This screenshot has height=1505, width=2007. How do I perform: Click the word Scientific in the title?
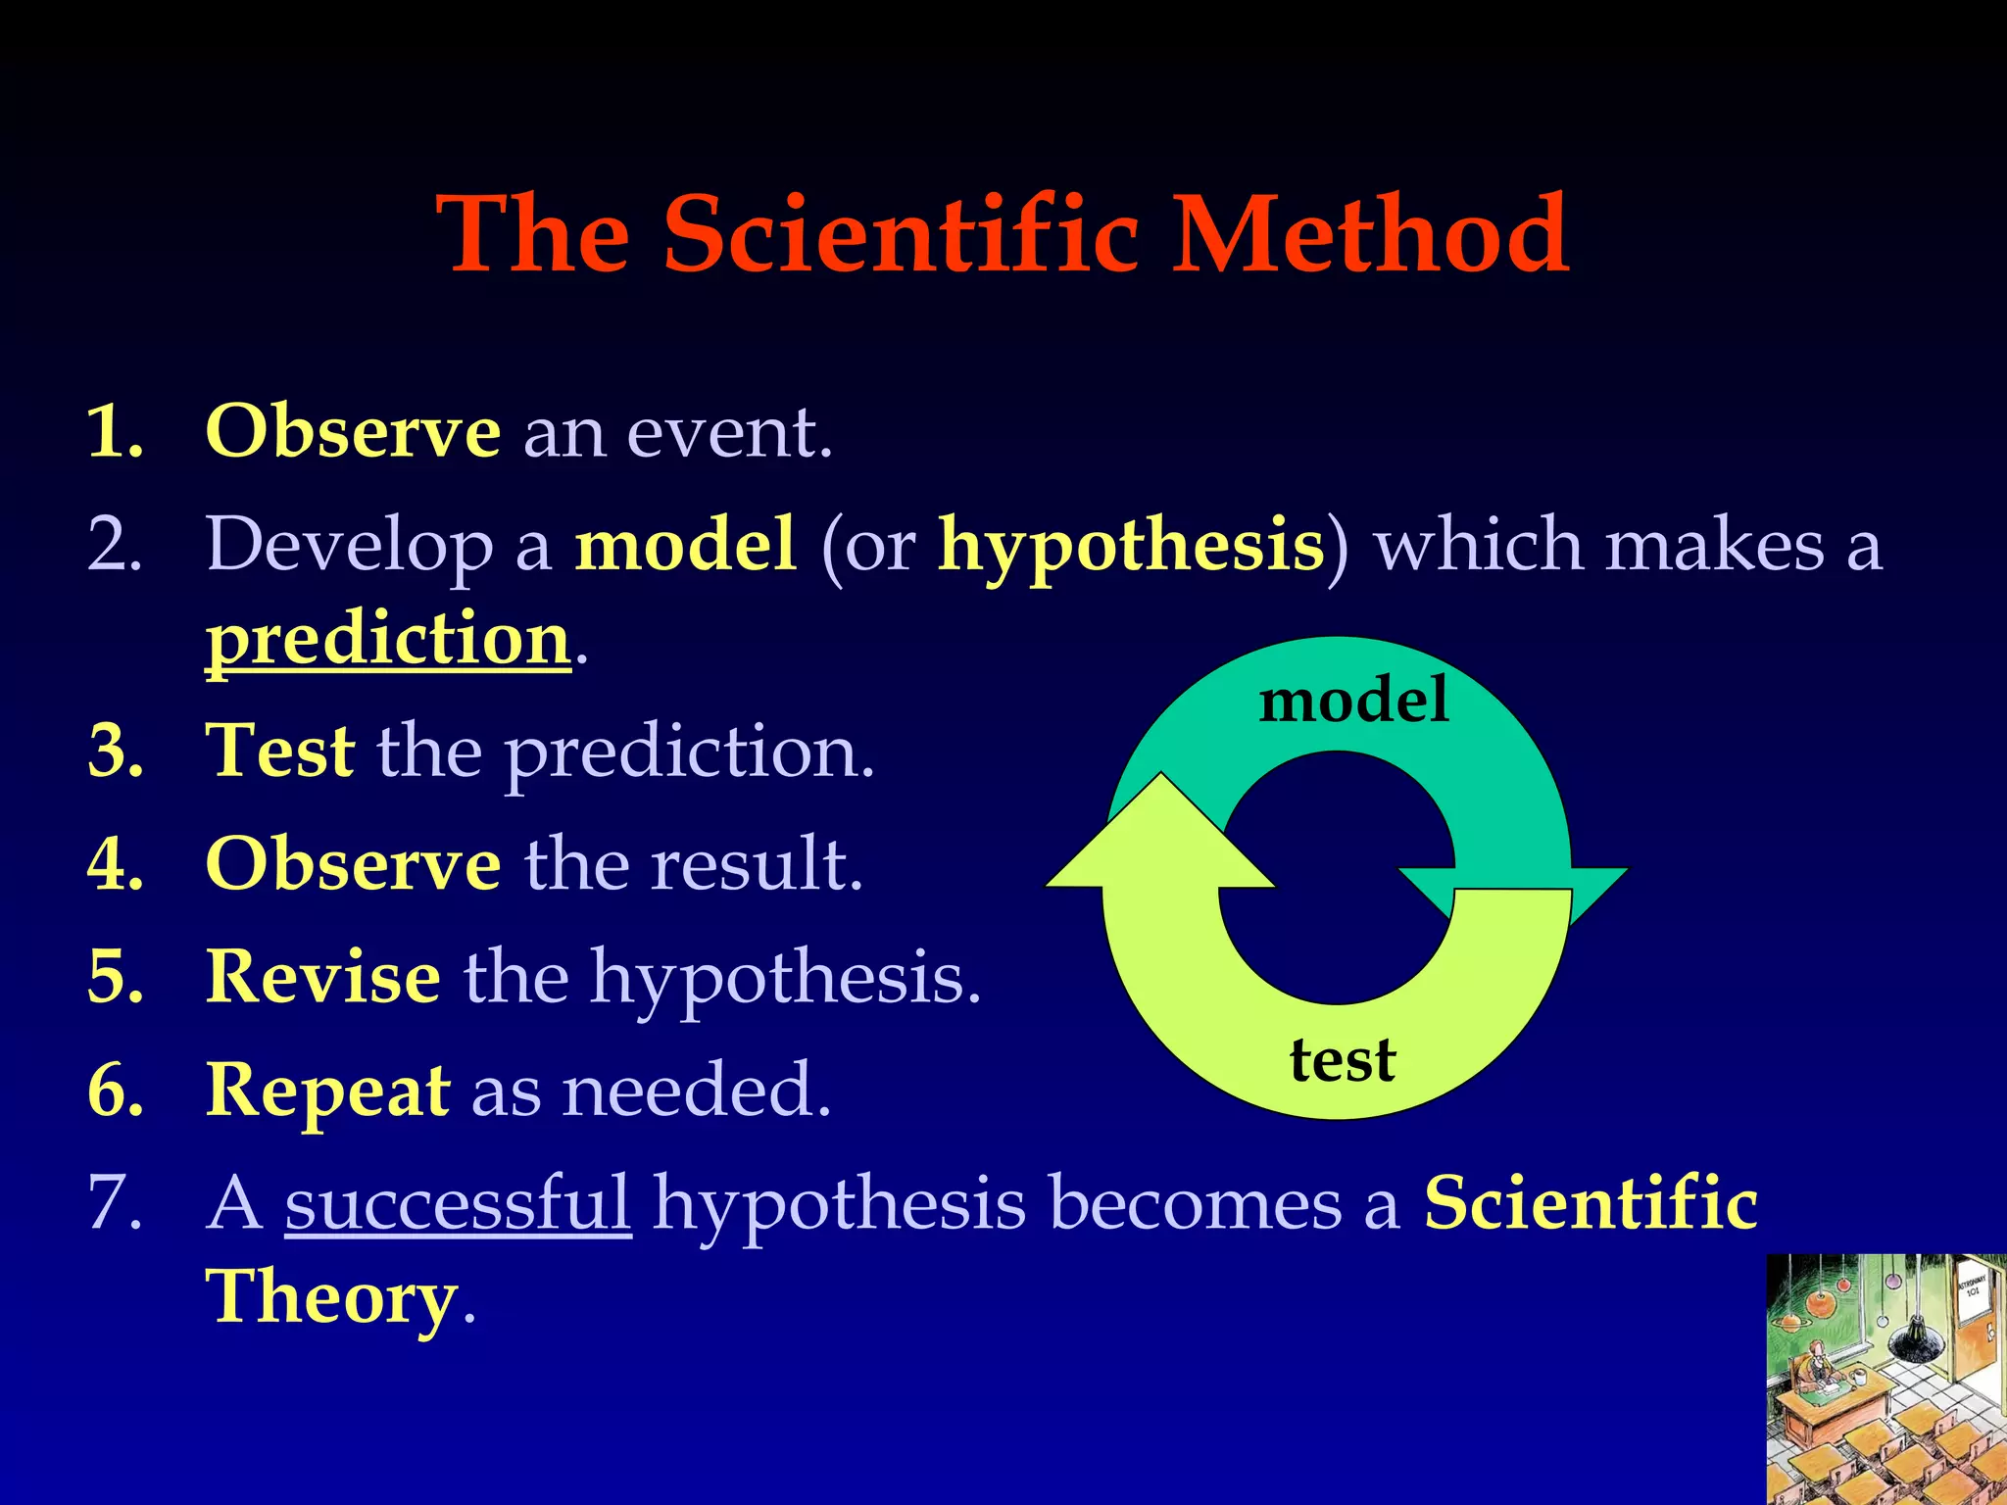click(x=901, y=235)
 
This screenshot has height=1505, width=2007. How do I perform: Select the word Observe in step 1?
click(x=353, y=431)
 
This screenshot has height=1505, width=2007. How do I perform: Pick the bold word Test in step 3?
click(x=280, y=752)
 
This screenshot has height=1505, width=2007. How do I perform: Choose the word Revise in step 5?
click(x=323, y=977)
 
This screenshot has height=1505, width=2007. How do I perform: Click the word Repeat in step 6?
click(x=328, y=1090)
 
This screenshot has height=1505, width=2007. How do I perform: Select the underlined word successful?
click(x=458, y=1203)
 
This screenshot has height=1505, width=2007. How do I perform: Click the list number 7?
click(x=115, y=1203)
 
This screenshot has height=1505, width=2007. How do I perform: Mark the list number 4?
click(x=116, y=865)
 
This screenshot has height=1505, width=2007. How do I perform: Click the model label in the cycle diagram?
click(x=1353, y=701)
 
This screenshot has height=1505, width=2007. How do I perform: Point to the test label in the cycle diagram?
click(x=1342, y=1061)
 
